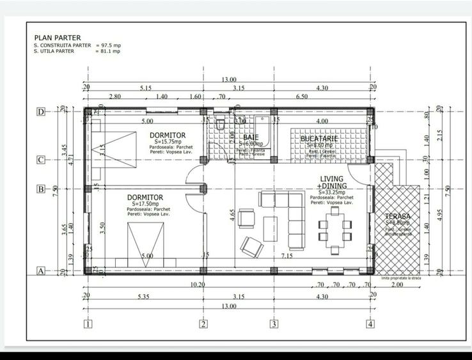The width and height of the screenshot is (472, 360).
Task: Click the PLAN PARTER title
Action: (x=57, y=38)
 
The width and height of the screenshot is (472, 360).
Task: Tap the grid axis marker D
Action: (x=40, y=112)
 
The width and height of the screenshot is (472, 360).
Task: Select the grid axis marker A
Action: (x=40, y=270)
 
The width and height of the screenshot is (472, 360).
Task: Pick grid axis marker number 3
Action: (x=274, y=324)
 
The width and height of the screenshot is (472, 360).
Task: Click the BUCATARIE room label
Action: (x=318, y=138)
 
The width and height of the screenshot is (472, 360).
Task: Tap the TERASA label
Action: (x=397, y=217)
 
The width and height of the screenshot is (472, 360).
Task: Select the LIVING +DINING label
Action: (x=332, y=182)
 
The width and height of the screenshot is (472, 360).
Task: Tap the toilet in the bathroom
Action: (x=219, y=123)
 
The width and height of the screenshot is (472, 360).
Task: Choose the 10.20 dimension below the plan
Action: (x=198, y=285)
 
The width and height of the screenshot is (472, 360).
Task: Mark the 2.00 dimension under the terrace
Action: (x=397, y=285)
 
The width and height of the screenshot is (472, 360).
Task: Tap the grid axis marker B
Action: (x=40, y=189)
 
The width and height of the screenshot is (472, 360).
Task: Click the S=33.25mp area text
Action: (x=331, y=191)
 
